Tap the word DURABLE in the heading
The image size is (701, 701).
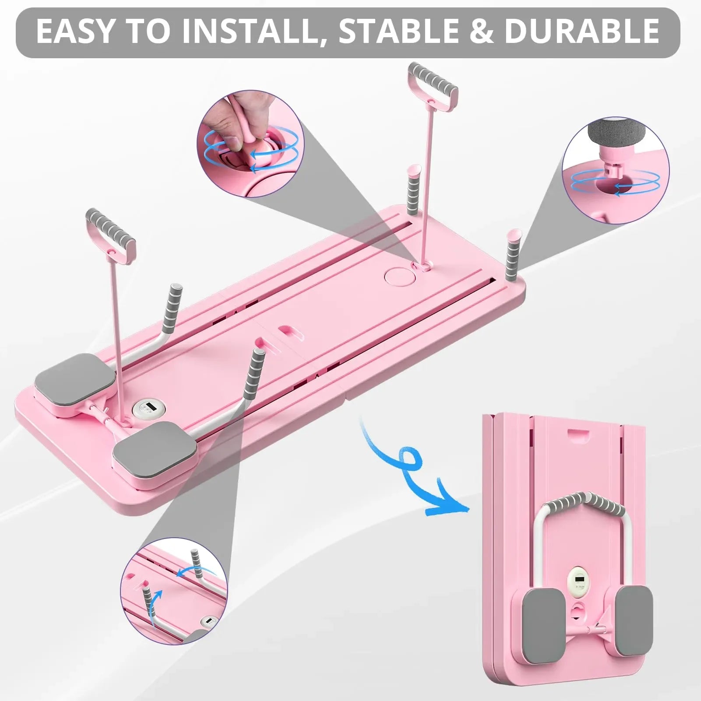point(582,32)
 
